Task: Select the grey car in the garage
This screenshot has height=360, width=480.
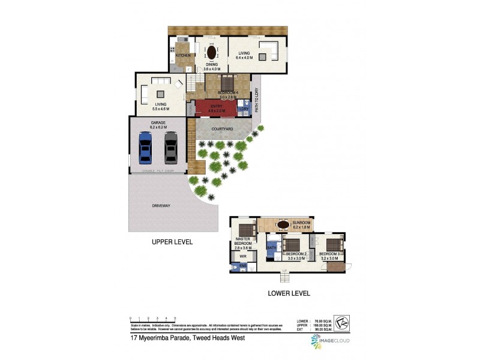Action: tap(171, 148)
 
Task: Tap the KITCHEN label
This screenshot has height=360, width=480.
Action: tap(183, 55)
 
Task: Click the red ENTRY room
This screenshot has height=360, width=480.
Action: tap(216, 109)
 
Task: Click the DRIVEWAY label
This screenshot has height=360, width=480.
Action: tap(161, 206)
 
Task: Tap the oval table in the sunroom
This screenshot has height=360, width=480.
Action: tap(283, 225)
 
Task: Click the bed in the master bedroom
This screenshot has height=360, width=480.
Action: tap(245, 230)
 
